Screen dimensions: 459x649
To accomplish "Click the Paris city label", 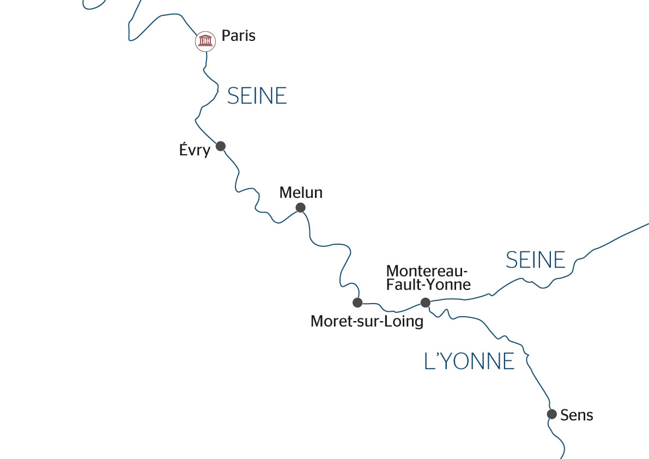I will pos(238,37).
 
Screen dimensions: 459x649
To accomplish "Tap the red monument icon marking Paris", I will pos(205,41).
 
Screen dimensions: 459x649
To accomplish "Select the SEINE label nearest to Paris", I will pos(257,96).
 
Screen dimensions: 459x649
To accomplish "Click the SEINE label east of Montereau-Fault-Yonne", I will pos(536,261).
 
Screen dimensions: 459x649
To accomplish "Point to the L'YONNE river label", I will pos(469,361).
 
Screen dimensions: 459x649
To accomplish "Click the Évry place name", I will pos(195,150).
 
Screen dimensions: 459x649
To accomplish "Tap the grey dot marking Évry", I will pos(221,146).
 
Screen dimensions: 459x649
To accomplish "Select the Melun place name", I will pos(301,192).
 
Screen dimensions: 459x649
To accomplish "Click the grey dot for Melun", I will pos(300,208).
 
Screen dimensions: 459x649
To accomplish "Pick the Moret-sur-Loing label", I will pos(367,322).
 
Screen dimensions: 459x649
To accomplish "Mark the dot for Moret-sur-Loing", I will pos(357,303).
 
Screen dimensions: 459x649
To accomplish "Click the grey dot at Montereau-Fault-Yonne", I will pos(426,303).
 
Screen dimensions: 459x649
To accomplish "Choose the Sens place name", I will pos(577,415).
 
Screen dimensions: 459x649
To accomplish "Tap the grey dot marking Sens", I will pos(551,414).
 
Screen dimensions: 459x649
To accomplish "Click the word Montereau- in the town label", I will pos(427,271).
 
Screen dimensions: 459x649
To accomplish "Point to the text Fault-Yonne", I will pos(428,284).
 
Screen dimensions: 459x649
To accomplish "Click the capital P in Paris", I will pos(226,37).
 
